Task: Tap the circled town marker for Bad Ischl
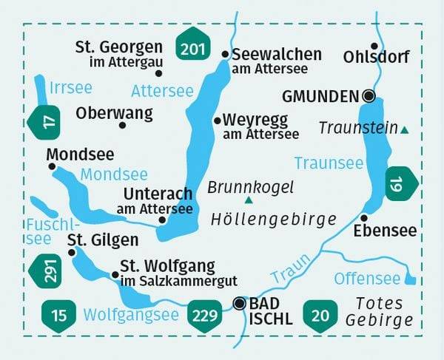239,302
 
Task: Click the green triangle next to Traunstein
404,130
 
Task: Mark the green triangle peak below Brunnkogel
249,200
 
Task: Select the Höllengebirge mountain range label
273,219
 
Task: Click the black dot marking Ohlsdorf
374,46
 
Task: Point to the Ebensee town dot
365,217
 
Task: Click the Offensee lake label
368,279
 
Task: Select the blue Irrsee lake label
71,88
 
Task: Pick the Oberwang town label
114,113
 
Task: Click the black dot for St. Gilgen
72,252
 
